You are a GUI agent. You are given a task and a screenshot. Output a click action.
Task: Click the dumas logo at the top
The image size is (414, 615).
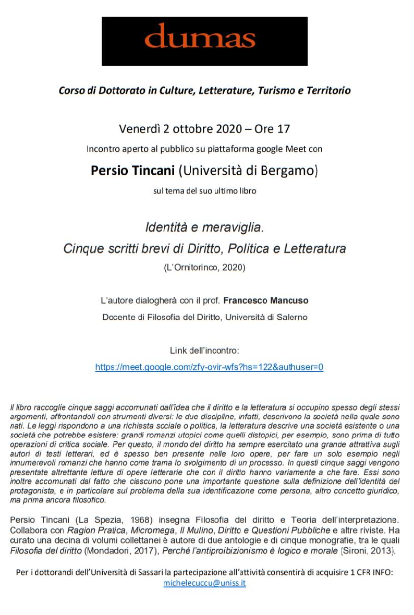[x=204, y=41]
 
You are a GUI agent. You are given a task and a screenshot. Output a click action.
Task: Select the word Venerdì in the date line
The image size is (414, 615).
[x=138, y=129]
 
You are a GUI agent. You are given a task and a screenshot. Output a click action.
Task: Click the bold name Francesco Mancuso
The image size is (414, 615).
[x=265, y=301]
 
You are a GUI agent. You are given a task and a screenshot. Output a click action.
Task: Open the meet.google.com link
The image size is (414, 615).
[x=209, y=367]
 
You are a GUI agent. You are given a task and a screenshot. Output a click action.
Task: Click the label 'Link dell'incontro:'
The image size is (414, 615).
[x=204, y=350]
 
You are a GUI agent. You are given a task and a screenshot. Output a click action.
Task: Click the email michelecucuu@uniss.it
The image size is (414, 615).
[x=204, y=583]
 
